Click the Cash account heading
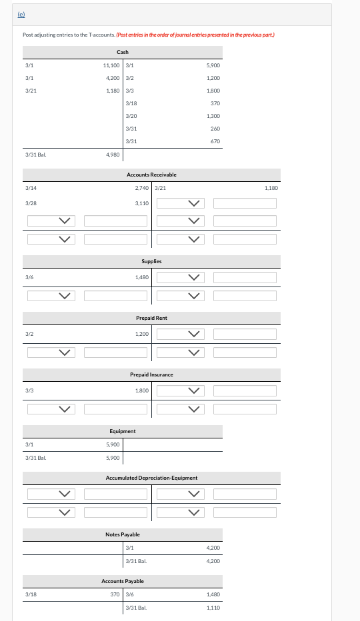(123, 51)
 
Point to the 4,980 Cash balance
(113, 155)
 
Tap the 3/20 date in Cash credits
(131, 116)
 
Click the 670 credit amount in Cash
(215, 141)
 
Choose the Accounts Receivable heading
(151, 175)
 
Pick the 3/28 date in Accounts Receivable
(31, 203)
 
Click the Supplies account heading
(151, 261)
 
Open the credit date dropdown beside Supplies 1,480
(180, 277)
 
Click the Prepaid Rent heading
(151, 318)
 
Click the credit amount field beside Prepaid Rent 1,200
(245, 334)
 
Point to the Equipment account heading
(123, 431)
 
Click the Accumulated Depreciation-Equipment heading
(151, 478)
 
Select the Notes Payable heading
(123, 534)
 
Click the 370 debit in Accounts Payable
(115, 594)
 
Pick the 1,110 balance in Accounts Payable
(213, 608)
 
